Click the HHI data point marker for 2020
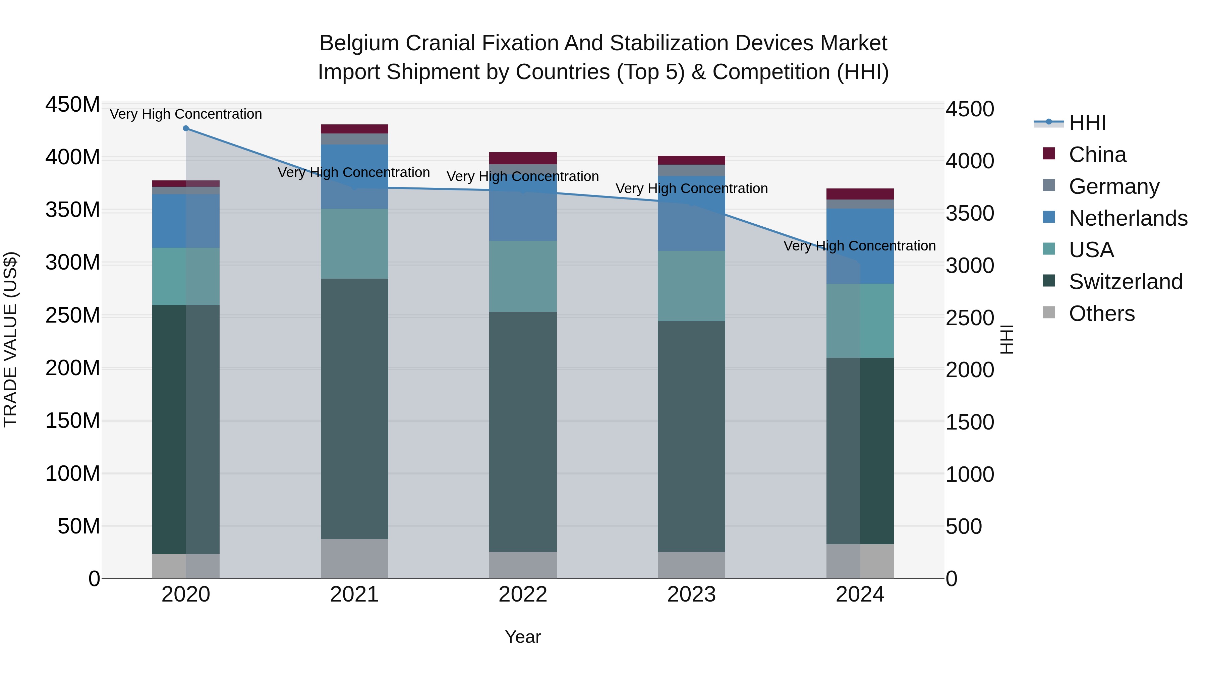coord(186,128)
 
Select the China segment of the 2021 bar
coord(354,129)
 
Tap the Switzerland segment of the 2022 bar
coord(523,431)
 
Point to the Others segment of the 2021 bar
coord(354,559)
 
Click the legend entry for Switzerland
coord(1126,282)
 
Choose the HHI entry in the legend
coord(1087,123)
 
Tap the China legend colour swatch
coord(1049,153)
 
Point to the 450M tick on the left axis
coord(73,105)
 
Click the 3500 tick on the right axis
coord(969,214)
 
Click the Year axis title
coord(523,637)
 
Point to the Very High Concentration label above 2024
coord(859,245)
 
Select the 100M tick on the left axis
coord(73,474)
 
